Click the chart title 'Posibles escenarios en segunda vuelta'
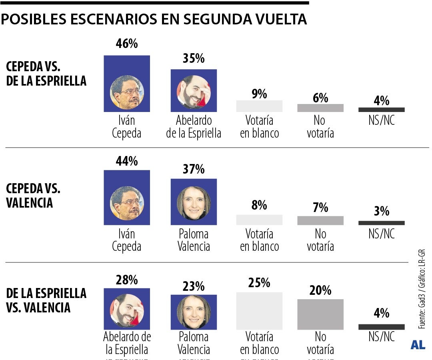coord(154,19)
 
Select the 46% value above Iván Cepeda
coord(126,44)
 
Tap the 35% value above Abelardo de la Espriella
coord(194,58)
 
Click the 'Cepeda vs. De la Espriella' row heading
coord(46,74)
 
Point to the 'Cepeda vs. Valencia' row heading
coord(33,195)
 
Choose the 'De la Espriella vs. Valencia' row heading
coord(46,300)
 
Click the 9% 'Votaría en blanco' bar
coord(259,106)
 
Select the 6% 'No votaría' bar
coord(320,108)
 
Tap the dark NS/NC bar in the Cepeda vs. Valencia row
coord(381,223)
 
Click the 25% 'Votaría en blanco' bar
coord(259,311)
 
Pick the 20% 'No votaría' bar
coord(320,314)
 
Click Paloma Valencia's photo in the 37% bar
coord(194,202)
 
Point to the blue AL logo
coord(418,345)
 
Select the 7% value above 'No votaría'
coord(320,208)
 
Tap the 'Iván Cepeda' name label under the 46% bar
coord(126,127)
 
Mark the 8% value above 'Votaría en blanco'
coord(259,206)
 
